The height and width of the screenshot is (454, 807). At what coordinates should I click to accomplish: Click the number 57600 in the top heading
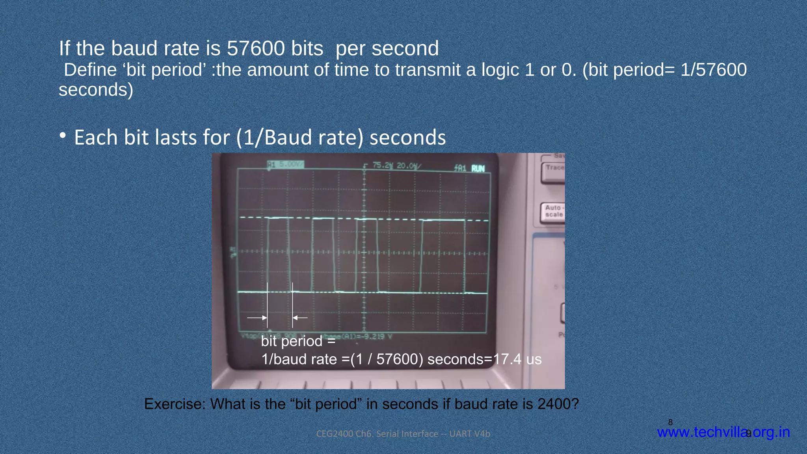pos(255,48)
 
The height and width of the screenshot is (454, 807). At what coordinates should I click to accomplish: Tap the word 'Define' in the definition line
pos(90,70)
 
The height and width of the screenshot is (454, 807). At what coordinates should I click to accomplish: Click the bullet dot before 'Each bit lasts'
pos(63,136)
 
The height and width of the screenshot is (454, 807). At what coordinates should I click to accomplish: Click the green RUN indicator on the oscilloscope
pos(478,168)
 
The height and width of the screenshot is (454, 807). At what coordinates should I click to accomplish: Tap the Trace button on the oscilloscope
pos(554,168)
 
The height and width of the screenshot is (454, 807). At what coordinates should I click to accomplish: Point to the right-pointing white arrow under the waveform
pos(257,318)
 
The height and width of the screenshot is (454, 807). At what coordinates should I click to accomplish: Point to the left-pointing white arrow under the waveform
pos(300,318)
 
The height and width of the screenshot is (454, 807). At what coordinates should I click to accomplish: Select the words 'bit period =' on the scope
pos(298,341)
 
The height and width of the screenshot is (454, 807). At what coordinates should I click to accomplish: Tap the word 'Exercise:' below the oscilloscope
pos(175,404)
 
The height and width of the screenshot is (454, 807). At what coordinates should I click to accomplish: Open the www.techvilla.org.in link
pos(723,432)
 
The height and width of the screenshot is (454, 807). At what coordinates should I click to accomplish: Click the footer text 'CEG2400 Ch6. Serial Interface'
pos(377,434)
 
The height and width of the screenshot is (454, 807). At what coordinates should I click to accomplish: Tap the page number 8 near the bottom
pos(670,422)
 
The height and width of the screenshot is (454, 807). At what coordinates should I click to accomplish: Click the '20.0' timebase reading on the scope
pos(406,166)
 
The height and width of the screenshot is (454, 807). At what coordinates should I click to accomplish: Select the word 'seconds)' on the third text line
pos(96,90)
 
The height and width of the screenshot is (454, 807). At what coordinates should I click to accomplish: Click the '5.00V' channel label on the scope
pos(291,164)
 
